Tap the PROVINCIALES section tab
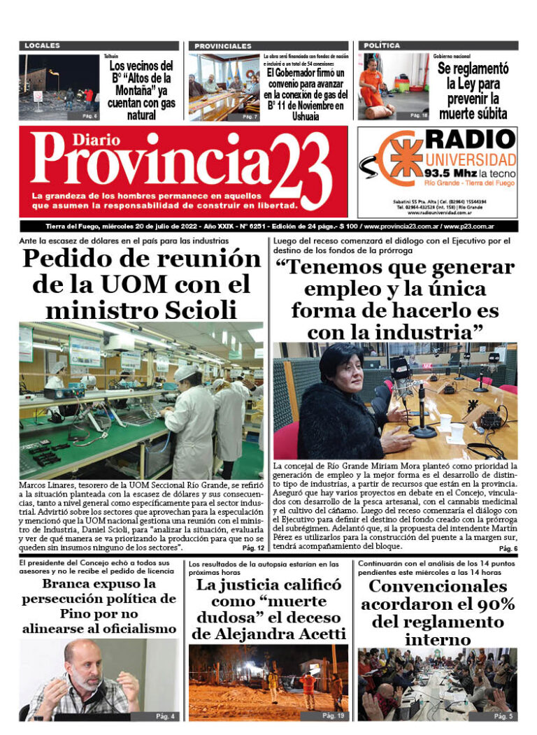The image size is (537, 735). (x=223, y=45)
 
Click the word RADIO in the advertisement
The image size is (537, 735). (x=471, y=138)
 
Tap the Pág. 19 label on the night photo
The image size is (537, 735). (x=334, y=715)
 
